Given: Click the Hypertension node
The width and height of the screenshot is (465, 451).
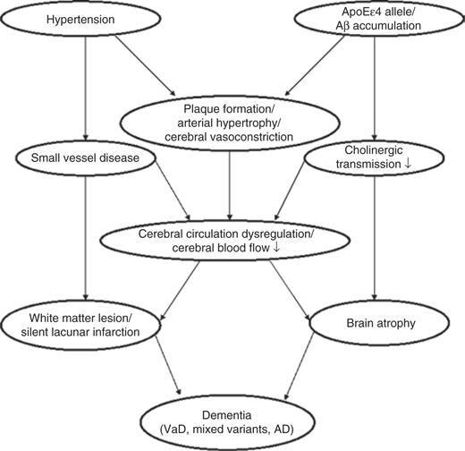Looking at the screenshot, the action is tap(80, 19).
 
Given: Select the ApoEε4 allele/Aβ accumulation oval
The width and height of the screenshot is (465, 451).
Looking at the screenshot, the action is tap(379, 19).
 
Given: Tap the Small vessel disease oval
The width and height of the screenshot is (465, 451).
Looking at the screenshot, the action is tap(85, 157).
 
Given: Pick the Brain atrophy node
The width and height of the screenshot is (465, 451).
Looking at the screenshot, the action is tap(379, 323).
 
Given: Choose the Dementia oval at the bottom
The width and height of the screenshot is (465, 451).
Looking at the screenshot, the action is tap(227, 422).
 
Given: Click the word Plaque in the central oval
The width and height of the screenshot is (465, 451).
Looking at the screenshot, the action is tap(199, 109).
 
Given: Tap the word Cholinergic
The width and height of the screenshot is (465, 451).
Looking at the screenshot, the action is tap(374, 150).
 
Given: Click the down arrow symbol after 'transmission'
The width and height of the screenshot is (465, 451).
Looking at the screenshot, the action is tap(408, 164).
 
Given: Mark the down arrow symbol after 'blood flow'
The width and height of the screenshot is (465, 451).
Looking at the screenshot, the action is tap(276, 247).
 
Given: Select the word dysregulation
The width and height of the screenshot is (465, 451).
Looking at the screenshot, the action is tap(277, 234).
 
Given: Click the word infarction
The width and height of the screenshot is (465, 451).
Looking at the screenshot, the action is tap(116, 332).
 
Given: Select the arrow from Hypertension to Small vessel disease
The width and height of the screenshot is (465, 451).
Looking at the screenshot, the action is tap(86, 89).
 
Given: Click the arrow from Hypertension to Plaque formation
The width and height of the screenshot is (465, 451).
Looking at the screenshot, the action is tap(145, 65).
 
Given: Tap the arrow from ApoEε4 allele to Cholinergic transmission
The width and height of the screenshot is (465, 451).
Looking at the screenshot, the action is tap(375, 89).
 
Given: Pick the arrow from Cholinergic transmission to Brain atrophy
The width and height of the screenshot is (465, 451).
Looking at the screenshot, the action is tap(375, 238).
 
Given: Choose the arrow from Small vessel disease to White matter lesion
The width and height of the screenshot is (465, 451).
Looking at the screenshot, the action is tap(86, 238).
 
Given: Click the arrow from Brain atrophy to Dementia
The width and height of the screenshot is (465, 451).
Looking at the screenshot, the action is tap(300, 366).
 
